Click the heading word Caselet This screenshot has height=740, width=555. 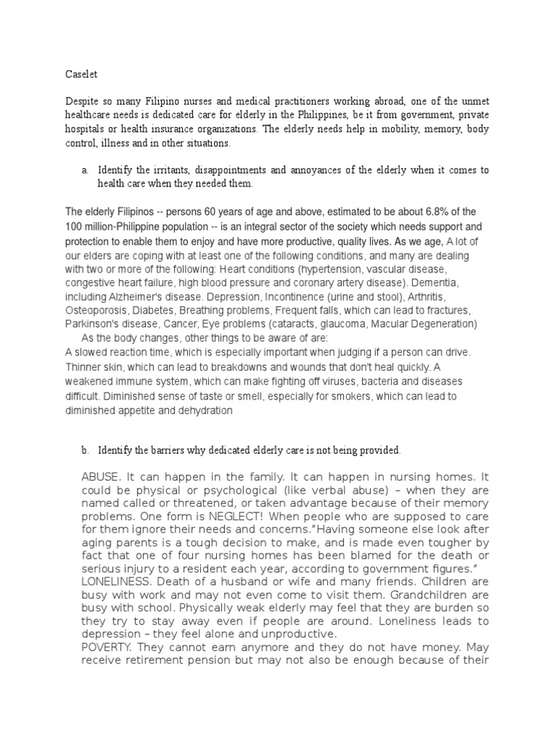pos(80,73)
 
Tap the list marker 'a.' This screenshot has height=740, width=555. pos(85,171)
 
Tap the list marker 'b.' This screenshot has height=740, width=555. pos(85,450)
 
